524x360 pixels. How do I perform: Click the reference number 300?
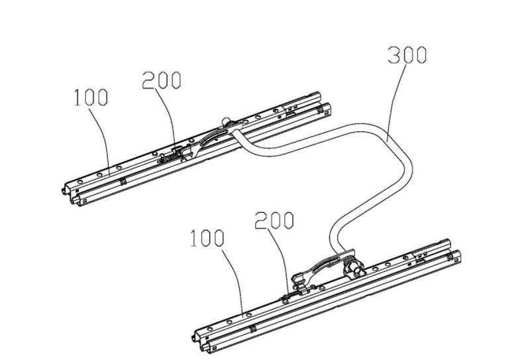coord(407,56)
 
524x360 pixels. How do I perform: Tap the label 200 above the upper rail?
coord(161,80)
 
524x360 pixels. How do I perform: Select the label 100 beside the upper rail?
coord(90,98)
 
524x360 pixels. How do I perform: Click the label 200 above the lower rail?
coord(274,220)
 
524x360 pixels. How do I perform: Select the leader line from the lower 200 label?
coord(282,259)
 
